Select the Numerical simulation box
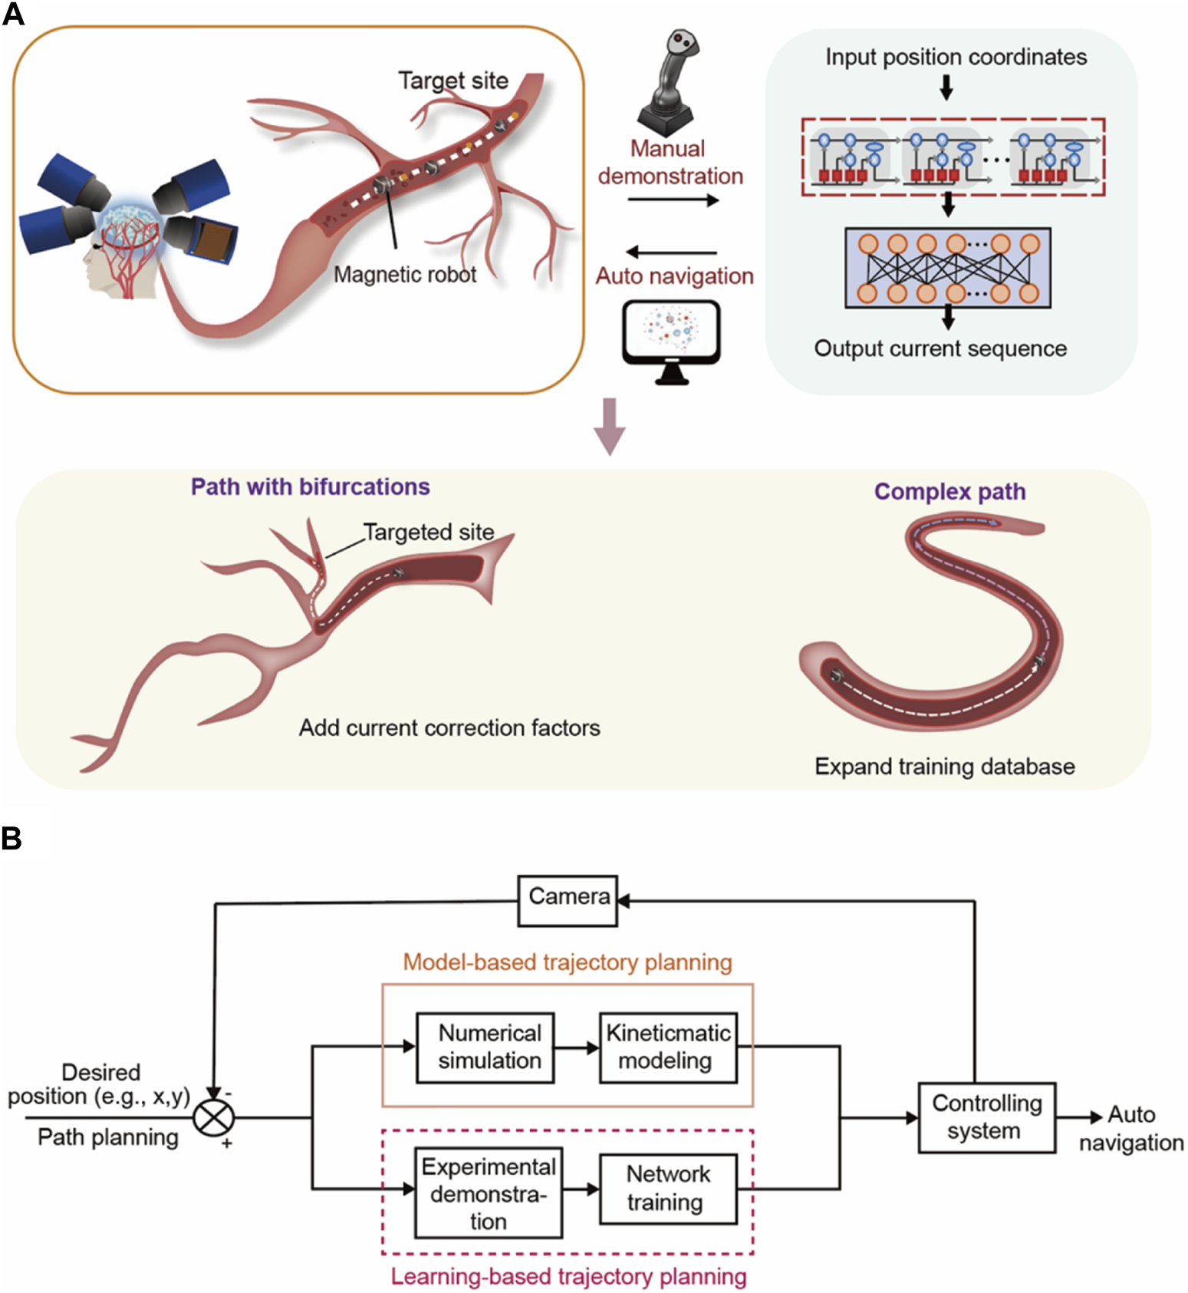tap(485, 1047)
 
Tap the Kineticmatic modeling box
tap(667, 1047)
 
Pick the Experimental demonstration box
tap(488, 1192)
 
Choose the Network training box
tap(667, 1188)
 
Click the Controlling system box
tap(986, 1117)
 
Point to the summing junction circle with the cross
tap(213, 1117)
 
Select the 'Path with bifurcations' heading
tap(310, 487)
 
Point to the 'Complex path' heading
tap(949, 492)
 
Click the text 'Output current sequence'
tap(940, 348)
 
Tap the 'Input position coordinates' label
tap(956, 57)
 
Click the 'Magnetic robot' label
tap(405, 275)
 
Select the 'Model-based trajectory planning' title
tap(568, 962)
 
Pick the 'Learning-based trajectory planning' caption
tap(568, 1277)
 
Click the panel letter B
tap(12, 838)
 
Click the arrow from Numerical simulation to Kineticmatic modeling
tap(577, 1047)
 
